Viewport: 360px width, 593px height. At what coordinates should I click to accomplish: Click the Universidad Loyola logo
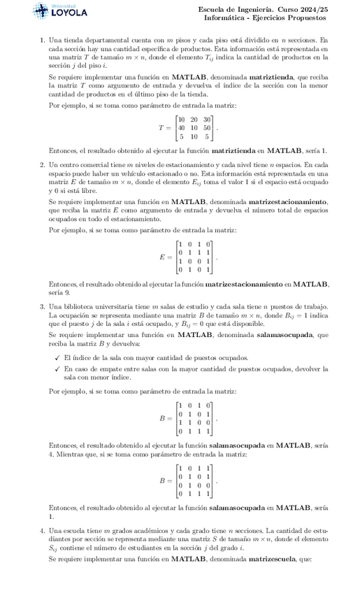pyautogui.click(x=61, y=11)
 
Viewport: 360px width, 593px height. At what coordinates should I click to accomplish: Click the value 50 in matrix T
pyautogui.click(x=207, y=128)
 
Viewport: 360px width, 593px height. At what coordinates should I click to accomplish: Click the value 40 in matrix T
pyautogui.click(x=182, y=128)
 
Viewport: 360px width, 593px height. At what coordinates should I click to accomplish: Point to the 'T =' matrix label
pyautogui.click(x=164, y=129)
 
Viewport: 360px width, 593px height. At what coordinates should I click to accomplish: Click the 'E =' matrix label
pyautogui.click(x=165, y=257)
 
